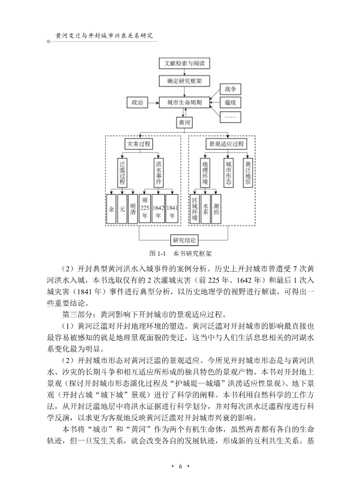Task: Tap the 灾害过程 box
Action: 138,144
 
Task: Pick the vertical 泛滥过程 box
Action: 123,173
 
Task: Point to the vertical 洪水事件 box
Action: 158,173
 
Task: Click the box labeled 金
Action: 111,207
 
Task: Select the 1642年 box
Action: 158,207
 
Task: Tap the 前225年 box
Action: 145,207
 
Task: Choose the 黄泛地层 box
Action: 247,173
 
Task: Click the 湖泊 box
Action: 216,207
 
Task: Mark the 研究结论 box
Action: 184,239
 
